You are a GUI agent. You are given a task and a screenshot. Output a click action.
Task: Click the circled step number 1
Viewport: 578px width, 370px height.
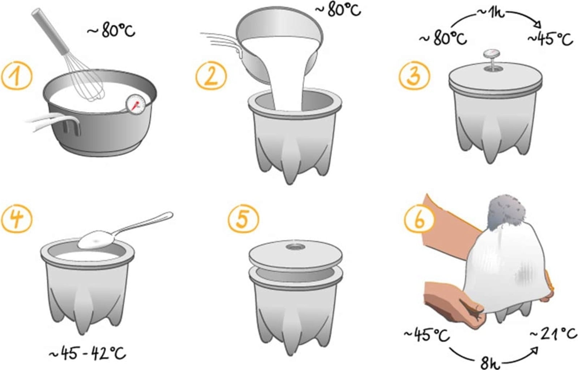[x=17, y=76]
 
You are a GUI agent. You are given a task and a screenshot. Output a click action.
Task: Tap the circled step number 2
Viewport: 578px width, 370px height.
[x=211, y=76]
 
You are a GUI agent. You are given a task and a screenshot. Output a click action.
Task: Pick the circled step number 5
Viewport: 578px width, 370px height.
[x=243, y=219]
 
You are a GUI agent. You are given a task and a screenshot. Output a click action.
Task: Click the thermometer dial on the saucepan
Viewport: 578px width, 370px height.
[x=136, y=104]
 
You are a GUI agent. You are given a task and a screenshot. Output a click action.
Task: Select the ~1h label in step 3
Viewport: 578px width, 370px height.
[x=490, y=13]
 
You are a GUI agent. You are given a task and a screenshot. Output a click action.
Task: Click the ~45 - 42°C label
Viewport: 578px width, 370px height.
[x=87, y=353]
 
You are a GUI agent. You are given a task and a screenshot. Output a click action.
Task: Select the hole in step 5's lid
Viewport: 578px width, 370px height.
[x=296, y=247]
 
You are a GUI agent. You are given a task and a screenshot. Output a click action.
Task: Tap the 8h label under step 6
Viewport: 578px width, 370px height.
[x=490, y=363]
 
